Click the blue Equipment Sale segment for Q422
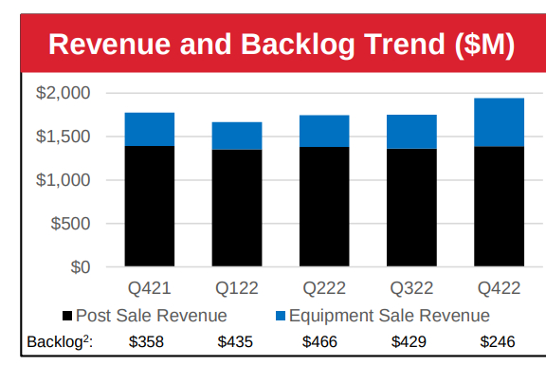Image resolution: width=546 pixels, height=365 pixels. (499, 122)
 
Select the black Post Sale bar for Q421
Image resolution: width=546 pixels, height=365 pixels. (149, 206)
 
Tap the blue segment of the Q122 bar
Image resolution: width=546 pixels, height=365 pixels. (236, 136)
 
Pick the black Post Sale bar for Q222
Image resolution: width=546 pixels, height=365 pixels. (323, 207)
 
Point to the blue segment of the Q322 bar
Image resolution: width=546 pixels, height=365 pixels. (411, 132)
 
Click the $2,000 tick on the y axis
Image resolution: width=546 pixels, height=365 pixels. (64, 93)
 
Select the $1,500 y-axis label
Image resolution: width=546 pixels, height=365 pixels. (64, 137)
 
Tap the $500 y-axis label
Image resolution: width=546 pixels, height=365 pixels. (70, 224)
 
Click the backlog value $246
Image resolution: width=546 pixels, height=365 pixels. (498, 342)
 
